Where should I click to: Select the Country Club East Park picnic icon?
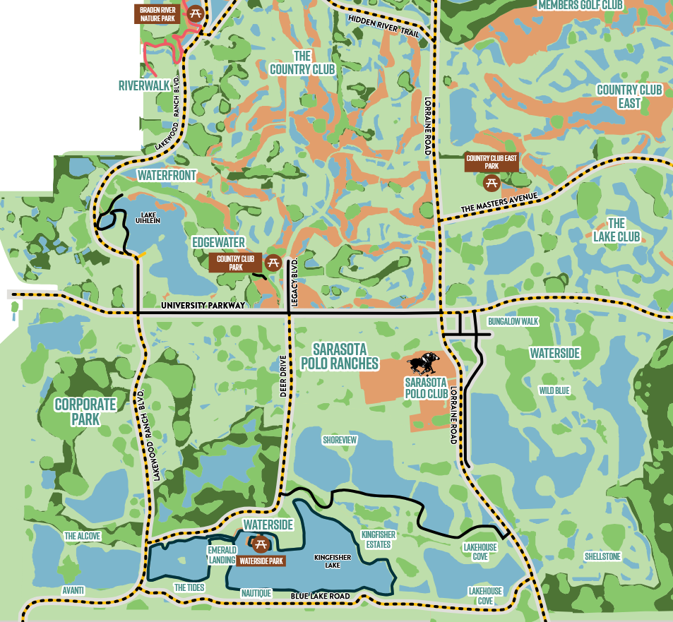(x=492, y=183)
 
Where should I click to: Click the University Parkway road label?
(x=203, y=305)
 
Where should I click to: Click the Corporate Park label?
(x=85, y=412)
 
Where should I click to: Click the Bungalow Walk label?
(x=513, y=322)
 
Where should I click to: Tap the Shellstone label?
(x=602, y=557)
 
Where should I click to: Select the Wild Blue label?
(x=554, y=390)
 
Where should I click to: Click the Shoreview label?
(x=340, y=439)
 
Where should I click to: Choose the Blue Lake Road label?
(x=321, y=597)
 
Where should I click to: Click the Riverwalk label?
(x=143, y=85)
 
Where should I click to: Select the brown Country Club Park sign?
(x=235, y=263)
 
